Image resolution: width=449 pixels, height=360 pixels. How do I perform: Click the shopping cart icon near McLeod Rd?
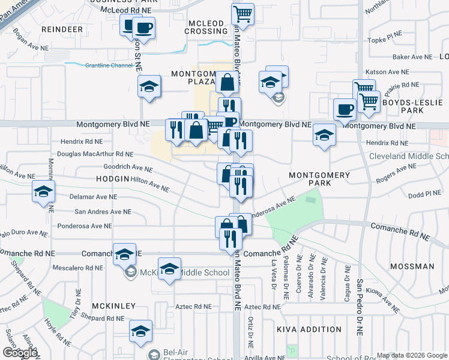[x=243, y=13]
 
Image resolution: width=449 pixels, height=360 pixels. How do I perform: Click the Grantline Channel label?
[x=109, y=65]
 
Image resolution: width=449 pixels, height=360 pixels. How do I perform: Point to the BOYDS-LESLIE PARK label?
[x=412, y=106]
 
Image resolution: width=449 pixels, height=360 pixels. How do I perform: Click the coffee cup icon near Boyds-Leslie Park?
[x=345, y=109]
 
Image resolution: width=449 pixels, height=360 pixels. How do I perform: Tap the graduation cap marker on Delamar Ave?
[x=44, y=191]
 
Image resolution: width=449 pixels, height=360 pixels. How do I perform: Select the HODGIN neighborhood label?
[x=112, y=179]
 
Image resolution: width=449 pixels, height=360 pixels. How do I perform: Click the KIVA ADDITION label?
[x=309, y=329]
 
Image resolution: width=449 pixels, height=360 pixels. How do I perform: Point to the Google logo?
[x=19, y=353]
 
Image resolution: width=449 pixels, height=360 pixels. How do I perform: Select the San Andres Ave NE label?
[x=103, y=212]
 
